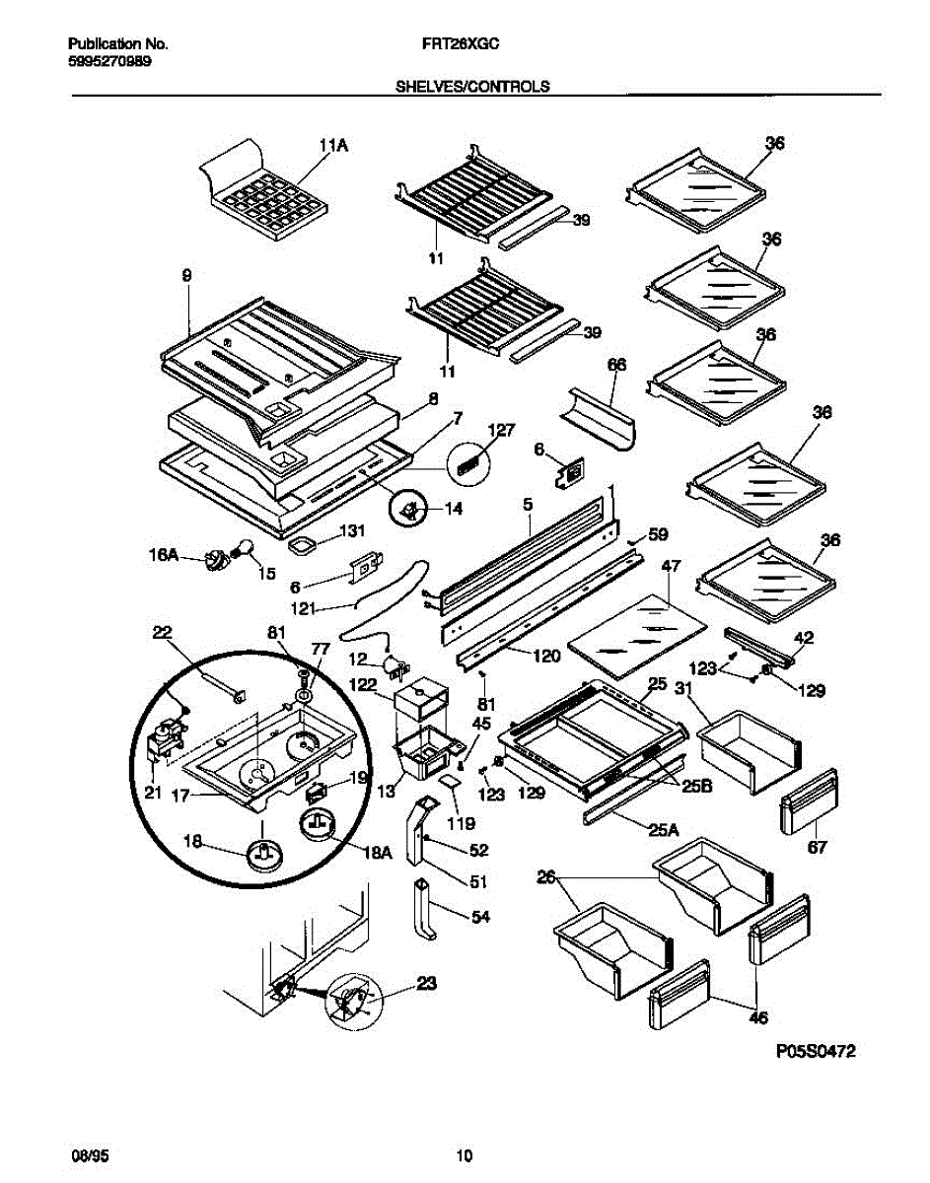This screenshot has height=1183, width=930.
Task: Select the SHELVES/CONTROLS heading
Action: [x=472, y=87]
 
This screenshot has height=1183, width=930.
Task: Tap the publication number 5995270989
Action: [x=109, y=60]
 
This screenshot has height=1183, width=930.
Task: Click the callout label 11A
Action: [x=333, y=147]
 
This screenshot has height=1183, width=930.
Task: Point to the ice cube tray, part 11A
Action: [x=270, y=197]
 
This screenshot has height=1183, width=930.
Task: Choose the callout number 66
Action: [x=616, y=365]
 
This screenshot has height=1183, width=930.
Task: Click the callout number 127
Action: [x=502, y=430]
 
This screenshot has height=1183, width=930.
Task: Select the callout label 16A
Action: [x=165, y=557]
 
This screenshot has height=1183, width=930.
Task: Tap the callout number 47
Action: [x=672, y=567]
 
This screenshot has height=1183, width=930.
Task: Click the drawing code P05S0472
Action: [x=815, y=1052]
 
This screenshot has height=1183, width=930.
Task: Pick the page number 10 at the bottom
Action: [x=465, y=1156]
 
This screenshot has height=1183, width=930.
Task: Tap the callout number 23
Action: [x=427, y=983]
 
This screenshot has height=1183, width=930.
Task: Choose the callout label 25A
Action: [x=666, y=830]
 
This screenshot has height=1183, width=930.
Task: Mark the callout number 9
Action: [x=186, y=278]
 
